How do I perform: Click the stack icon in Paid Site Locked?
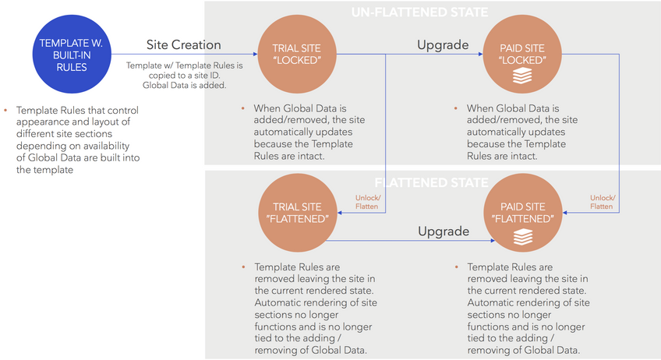521,76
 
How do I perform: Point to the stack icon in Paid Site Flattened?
521,235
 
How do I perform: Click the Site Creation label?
184,44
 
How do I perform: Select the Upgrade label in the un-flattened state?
443,44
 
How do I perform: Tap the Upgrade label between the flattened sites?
443,231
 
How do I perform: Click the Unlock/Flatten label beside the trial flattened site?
366,202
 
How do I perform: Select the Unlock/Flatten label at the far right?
601,202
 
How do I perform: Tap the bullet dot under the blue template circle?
6,111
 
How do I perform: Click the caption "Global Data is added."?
184,84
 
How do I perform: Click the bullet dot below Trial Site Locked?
244,108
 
